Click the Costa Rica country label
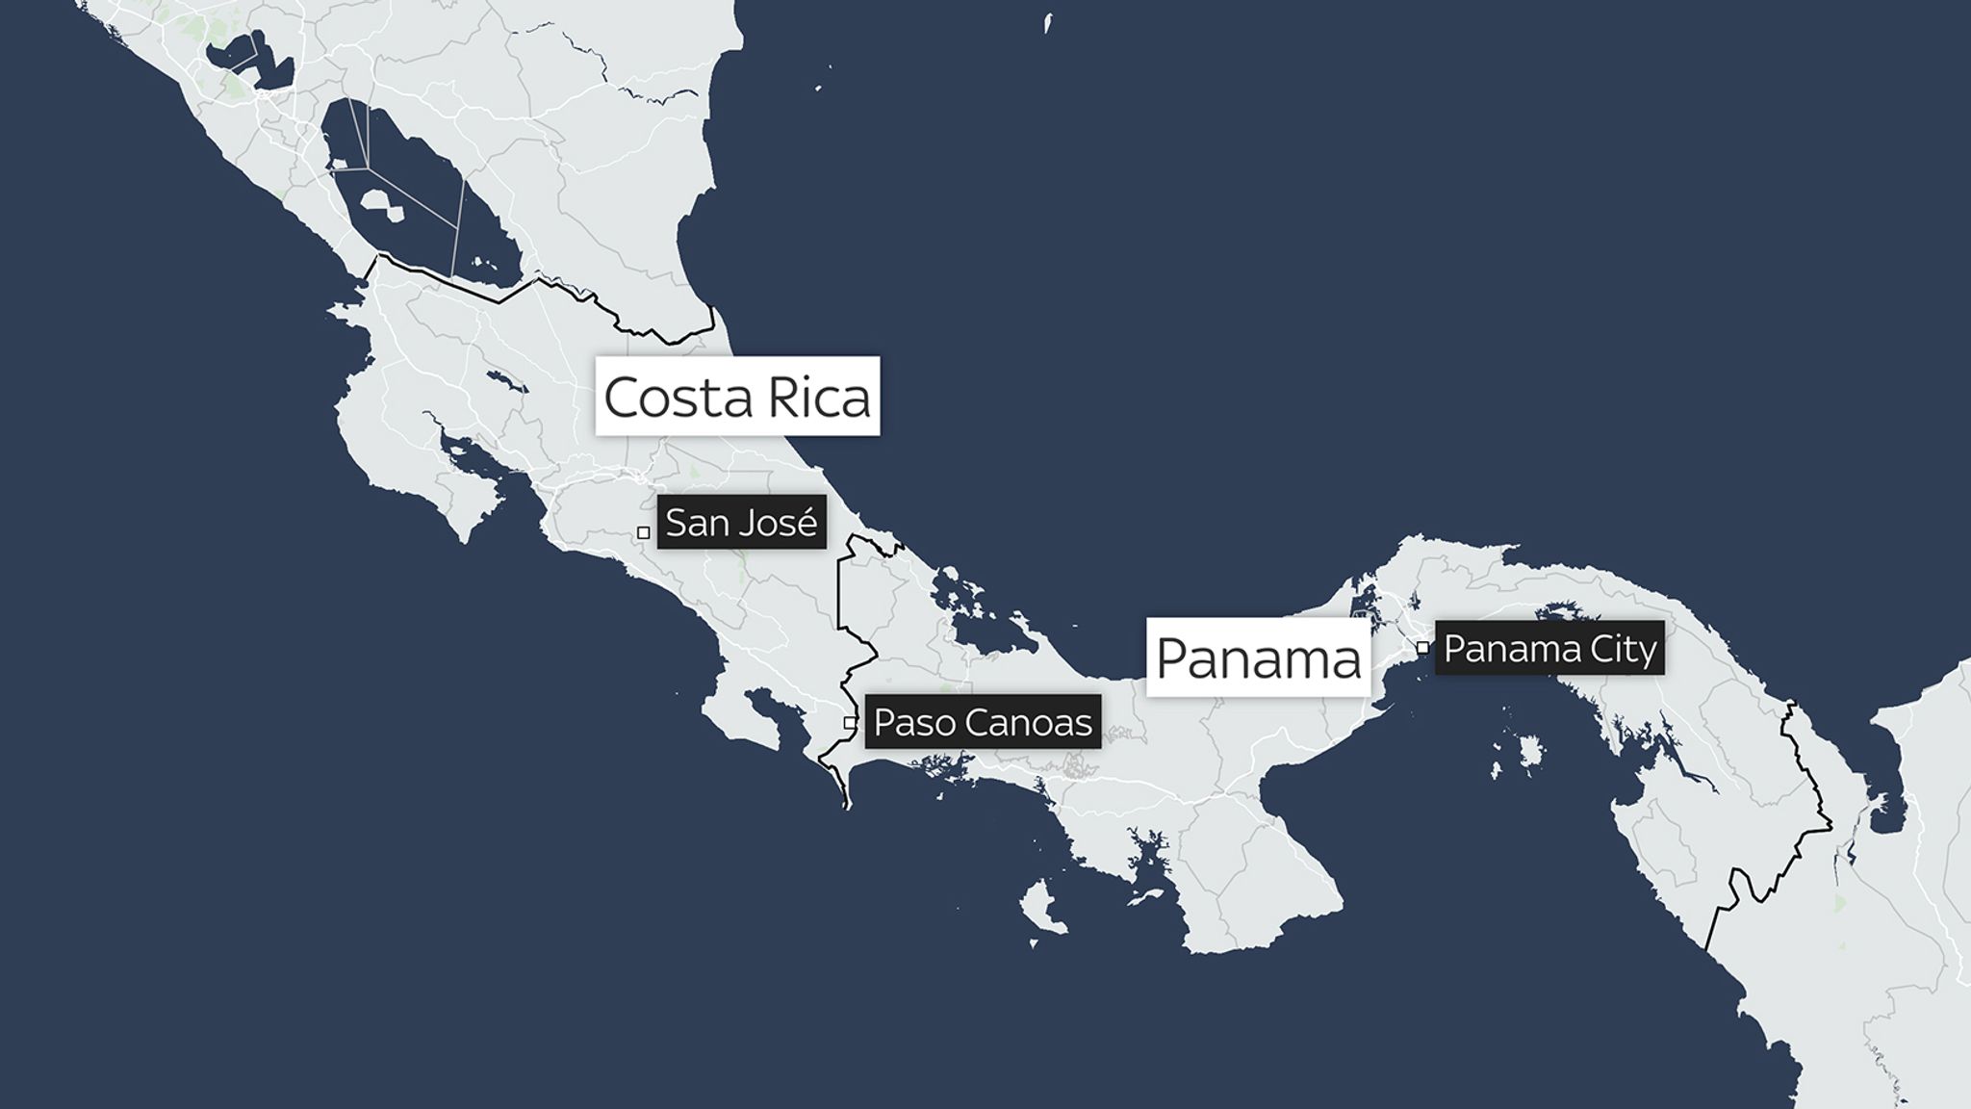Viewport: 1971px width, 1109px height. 737,397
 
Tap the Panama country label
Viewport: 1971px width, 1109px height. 1258,658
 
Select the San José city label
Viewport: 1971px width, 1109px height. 741,523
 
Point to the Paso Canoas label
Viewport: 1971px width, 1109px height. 983,722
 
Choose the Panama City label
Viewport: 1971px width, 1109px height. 1549,649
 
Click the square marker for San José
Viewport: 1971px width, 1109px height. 643,532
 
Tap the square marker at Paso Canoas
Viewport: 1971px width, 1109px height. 850,722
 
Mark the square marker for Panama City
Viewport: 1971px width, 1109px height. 1422,648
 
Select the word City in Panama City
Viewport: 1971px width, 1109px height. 1624,650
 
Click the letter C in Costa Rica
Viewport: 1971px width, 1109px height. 623,398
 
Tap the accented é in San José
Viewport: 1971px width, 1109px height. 806,522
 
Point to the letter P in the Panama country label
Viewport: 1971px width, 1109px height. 1173,658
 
